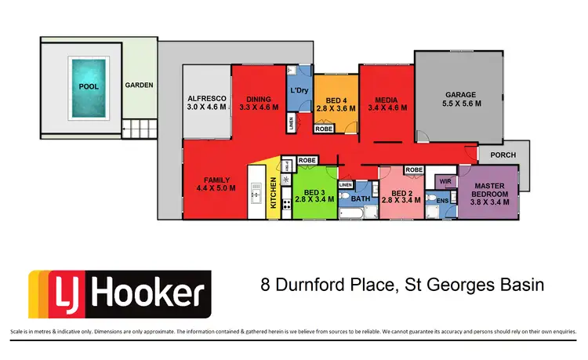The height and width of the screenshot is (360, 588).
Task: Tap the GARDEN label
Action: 140,85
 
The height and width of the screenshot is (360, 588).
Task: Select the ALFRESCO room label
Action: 207,98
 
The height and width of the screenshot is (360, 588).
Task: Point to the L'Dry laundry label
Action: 299,91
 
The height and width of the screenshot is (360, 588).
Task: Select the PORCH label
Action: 503,155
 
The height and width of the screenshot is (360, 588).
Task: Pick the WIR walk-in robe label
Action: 446,181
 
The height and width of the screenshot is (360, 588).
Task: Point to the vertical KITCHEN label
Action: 274,192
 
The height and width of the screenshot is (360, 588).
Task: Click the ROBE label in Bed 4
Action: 323,128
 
